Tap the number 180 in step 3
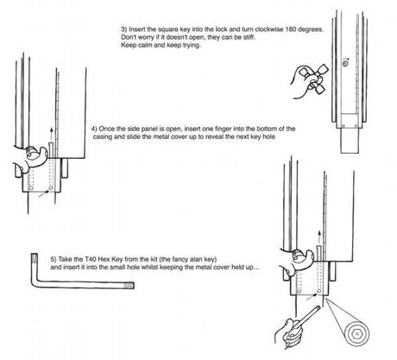[291, 29]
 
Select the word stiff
[249, 37]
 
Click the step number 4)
[94, 129]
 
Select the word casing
[102, 136]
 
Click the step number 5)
[54, 259]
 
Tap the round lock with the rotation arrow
[345, 63]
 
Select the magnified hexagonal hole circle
[356, 335]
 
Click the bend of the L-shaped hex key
[35, 284]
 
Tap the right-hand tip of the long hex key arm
[134, 286]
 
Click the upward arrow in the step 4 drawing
[52, 133]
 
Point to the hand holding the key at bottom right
[288, 332]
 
